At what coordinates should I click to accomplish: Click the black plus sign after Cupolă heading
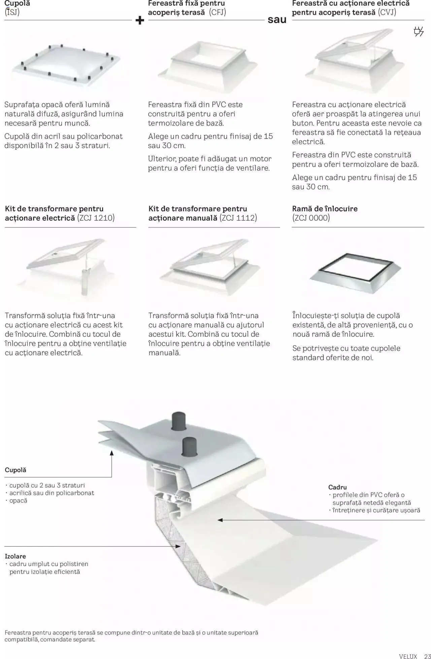[140, 21]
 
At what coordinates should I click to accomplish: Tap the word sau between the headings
[277, 20]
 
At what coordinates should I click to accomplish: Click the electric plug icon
[419, 32]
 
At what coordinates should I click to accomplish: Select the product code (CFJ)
[218, 12]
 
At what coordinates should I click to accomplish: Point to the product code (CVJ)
[387, 12]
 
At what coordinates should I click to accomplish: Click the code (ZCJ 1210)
[96, 218]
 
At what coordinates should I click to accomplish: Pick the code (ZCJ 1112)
[238, 218]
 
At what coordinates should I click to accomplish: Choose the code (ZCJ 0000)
[311, 218]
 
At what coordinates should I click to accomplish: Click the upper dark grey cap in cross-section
[179, 421]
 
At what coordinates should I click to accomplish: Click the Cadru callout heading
[337, 487]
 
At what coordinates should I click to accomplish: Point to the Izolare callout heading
[15, 556]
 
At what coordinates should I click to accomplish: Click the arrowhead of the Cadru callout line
[220, 520]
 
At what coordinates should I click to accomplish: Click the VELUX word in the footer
[408, 656]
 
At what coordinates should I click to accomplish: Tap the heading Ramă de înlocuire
[325, 209]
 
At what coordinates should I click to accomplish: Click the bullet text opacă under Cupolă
[18, 501]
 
